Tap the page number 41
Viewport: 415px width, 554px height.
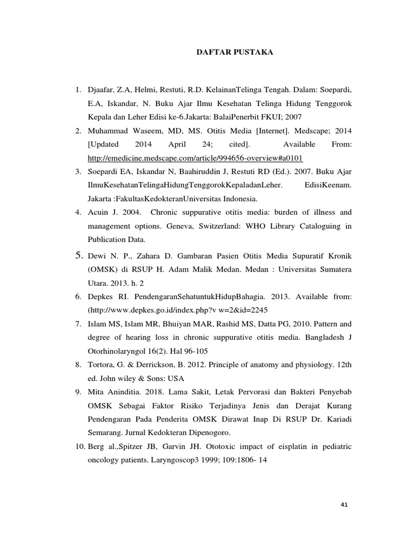[345, 505]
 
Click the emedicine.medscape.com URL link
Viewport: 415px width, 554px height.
[195, 158]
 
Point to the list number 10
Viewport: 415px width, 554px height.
[79, 446]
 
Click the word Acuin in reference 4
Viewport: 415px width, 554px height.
[99, 212]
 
